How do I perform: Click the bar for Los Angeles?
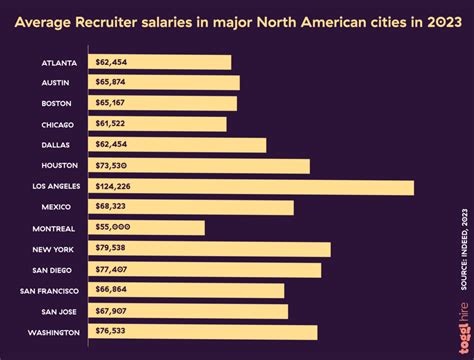click(250, 187)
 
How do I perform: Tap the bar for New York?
click(209, 249)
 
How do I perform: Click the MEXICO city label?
click(57, 207)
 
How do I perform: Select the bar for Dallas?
click(177, 145)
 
